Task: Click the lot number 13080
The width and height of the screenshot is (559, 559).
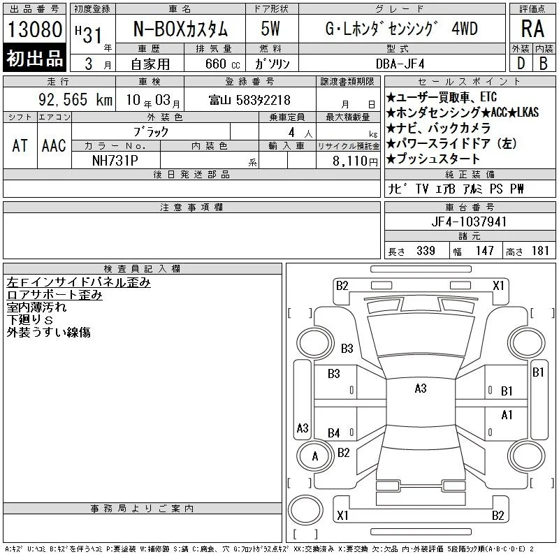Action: tap(35, 29)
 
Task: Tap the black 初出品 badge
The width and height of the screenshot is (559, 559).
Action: tap(34, 58)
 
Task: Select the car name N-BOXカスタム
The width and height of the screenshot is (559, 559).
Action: tap(180, 29)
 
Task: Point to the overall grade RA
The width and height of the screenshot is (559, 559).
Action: tap(532, 29)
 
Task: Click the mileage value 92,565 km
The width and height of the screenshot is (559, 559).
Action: tap(75, 100)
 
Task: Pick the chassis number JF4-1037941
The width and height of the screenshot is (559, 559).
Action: tap(469, 222)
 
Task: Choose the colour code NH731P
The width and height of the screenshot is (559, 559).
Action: tap(115, 161)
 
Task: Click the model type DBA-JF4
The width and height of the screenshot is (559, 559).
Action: tap(400, 64)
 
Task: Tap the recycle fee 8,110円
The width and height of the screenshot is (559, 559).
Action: tap(355, 161)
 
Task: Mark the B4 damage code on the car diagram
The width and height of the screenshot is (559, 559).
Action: tap(334, 433)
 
